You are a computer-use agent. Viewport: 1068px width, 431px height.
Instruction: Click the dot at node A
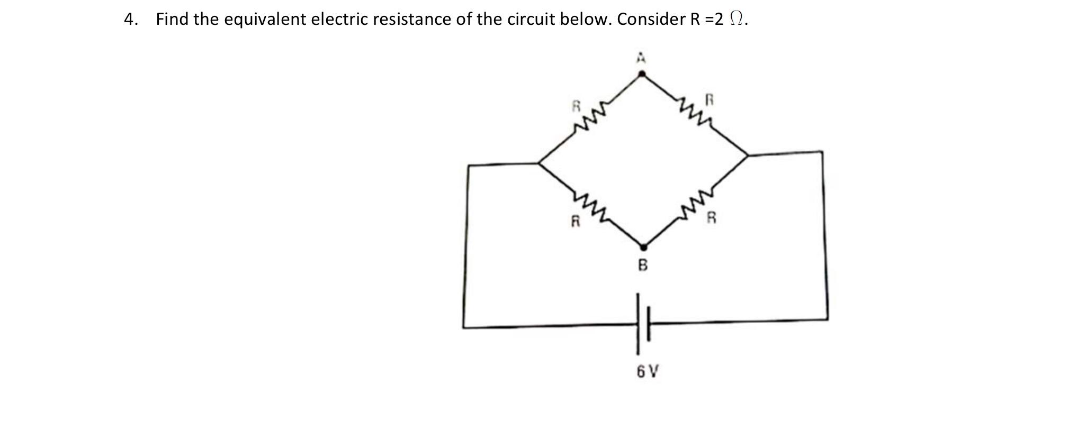pos(641,74)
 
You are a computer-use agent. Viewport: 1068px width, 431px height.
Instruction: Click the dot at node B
pos(643,247)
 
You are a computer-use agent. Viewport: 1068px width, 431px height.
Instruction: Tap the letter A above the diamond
pos(641,57)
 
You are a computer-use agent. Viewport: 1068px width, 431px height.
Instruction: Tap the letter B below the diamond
pos(643,265)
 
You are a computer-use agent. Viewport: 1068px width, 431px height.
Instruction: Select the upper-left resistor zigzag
pos(590,117)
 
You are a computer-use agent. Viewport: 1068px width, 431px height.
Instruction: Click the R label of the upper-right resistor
pos(710,99)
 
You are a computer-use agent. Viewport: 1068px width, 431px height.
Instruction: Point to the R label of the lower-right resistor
pos(712,217)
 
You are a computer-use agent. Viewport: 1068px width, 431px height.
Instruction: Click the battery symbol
pos(643,324)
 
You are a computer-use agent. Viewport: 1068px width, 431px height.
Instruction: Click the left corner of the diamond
pos(539,163)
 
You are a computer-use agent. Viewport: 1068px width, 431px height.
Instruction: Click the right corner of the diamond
pos(748,155)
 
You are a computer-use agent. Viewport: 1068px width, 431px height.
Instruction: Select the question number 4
pos(130,20)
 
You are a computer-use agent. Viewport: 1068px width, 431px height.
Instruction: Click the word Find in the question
pos(173,20)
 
